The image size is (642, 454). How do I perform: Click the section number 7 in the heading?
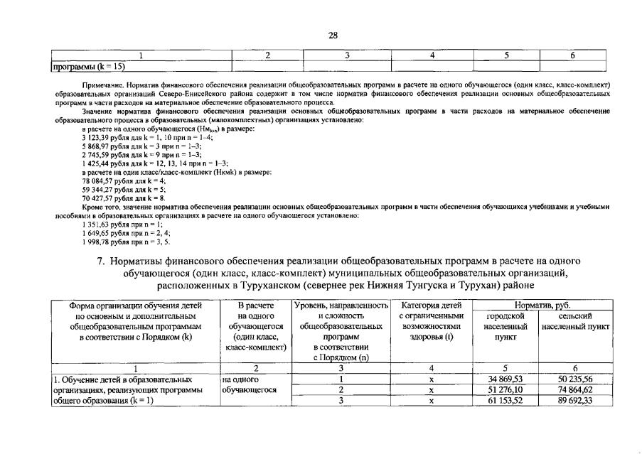coord(100,260)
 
